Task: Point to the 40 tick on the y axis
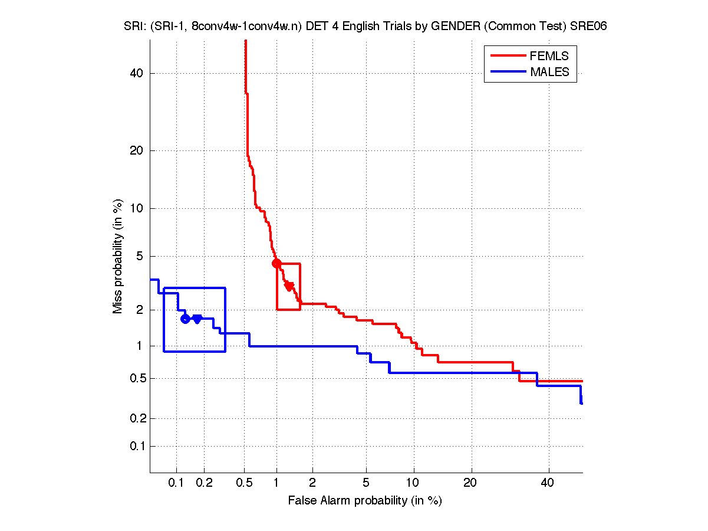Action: click(x=137, y=73)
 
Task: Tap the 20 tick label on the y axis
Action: click(x=137, y=150)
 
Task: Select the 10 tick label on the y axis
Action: click(x=137, y=208)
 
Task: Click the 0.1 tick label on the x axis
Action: click(x=176, y=483)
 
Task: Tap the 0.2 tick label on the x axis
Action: click(x=204, y=483)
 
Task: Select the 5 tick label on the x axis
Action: click(x=366, y=483)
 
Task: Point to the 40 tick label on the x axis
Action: click(x=548, y=483)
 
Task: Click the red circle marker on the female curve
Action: click(x=276, y=263)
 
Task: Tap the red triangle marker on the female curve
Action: click(x=289, y=286)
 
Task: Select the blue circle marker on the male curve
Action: click(x=185, y=319)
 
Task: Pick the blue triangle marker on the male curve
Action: click(x=197, y=319)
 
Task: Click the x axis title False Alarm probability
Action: click(x=365, y=501)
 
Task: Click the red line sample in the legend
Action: click(x=508, y=56)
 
